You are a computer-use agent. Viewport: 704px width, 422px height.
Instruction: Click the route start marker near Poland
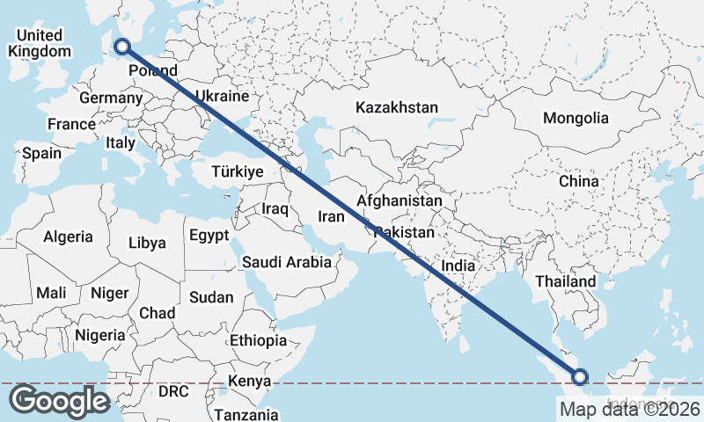(122, 47)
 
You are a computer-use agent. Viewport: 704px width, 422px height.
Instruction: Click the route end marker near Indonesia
(580, 377)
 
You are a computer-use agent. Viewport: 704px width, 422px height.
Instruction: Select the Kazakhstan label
(397, 107)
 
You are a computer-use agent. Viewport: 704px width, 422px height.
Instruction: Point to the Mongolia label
(576, 118)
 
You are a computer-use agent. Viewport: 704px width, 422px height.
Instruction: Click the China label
(578, 181)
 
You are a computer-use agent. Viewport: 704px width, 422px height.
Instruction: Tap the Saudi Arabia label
(287, 261)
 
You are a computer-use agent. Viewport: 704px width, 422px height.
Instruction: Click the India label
(458, 265)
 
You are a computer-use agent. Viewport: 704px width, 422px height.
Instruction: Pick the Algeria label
(68, 236)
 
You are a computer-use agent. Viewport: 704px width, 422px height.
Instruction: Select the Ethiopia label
(258, 340)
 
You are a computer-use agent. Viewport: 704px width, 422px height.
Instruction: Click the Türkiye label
(238, 172)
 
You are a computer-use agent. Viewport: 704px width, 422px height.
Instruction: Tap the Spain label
(42, 153)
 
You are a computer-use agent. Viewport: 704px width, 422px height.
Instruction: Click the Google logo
(59, 401)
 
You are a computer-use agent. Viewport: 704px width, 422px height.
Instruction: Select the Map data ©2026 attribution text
(630, 409)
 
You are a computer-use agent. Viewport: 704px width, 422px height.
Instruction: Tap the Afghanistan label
(400, 201)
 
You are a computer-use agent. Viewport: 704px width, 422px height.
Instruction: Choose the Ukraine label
(222, 96)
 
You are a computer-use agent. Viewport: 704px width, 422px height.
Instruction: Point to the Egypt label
(209, 235)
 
